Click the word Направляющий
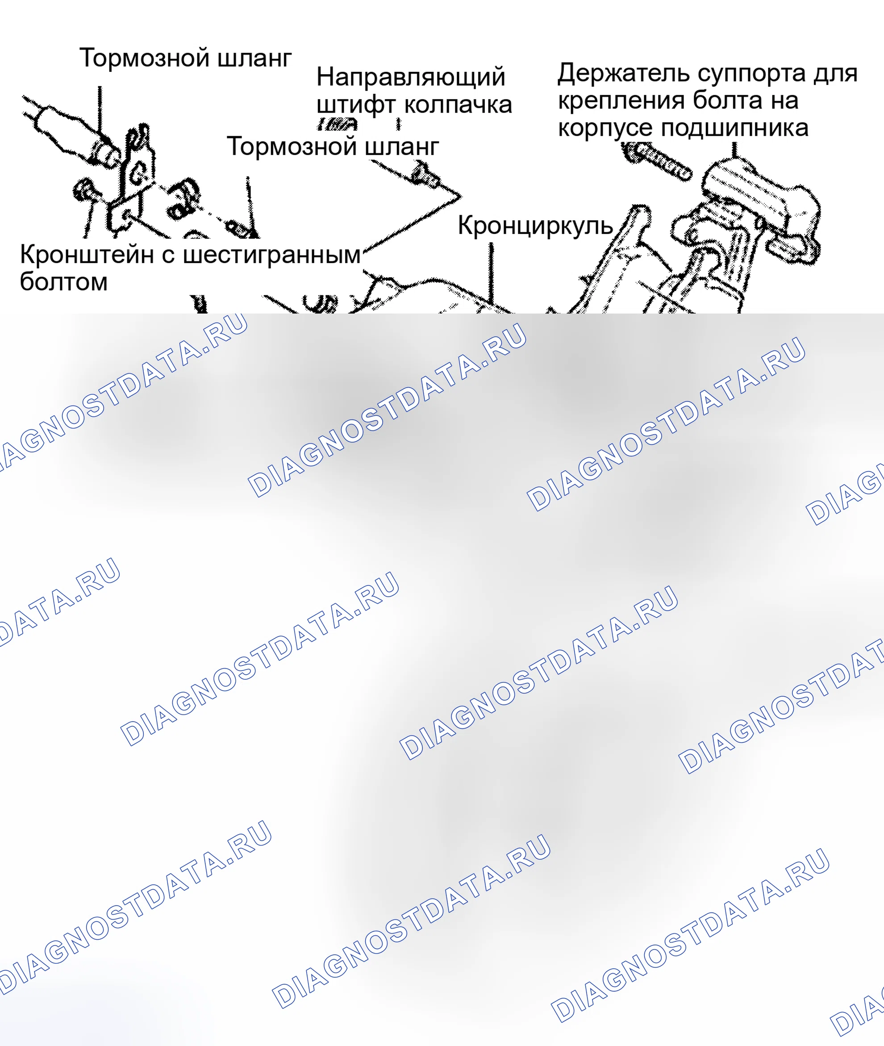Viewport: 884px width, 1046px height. click(x=410, y=77)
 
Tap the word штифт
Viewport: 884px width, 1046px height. click(x=356, y=105)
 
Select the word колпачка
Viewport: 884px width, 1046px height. click(x=458, y=105)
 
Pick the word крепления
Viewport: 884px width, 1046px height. click(x=621, y=101)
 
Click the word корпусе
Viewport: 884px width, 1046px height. click(x=604, y=129)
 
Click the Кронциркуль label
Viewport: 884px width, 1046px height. click(x=535, y=226)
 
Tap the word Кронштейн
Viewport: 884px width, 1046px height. click(x=87, y=255)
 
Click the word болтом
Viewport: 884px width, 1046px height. click(x=64, y=282)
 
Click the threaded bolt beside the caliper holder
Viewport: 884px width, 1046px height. click(x=656, y=161)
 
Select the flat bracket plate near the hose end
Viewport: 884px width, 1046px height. click(x=131, y=180)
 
